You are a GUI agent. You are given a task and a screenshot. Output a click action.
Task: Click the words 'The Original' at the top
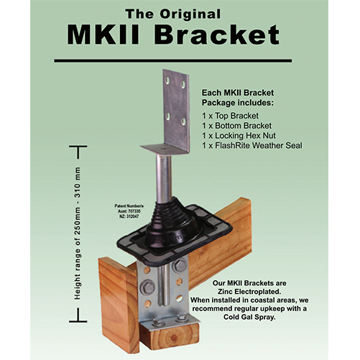tap(180, 13)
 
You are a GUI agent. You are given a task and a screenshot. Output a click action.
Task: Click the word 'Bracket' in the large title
tap(219, 36)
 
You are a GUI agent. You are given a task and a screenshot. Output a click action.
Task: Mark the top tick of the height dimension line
tap(77, 147)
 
